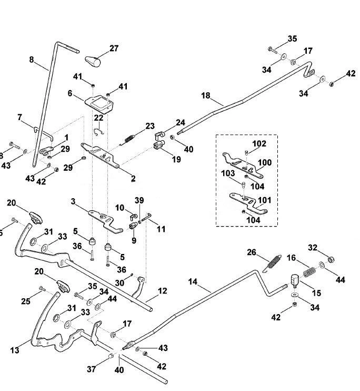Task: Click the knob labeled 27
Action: click(93, 61)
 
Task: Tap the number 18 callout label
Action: click(206, 95)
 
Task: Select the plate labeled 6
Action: click(99, 104)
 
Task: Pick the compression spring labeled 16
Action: click(309, 272)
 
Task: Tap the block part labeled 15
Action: click(295, 280)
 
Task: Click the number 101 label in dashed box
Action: click(264, 200)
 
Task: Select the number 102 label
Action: click(259, 144)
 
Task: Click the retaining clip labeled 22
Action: click(98, 132)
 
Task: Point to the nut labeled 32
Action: click(331, 259)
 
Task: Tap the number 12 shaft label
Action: click(163, 291)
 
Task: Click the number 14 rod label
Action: click(193, 282)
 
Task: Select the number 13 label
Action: click(15, 350)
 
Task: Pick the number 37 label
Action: click(92, 369)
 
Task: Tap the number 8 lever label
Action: click(32, 60)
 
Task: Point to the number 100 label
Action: click(265, 162)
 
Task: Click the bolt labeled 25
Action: click(42, 289)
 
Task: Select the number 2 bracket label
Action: click(133, 179)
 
